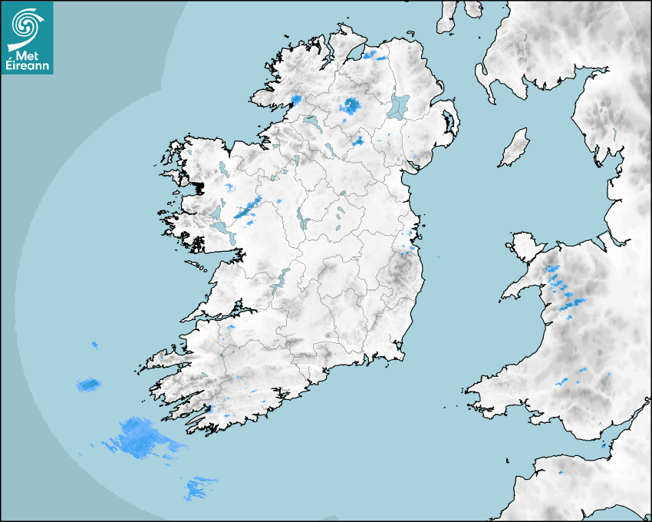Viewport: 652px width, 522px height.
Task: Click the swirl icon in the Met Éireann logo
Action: pos(27,25)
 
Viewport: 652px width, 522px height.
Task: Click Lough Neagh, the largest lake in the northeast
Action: pos(400,105)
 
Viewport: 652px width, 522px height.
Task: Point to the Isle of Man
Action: pos(515,147)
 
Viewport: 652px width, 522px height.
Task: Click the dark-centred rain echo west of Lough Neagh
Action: pos(351,105)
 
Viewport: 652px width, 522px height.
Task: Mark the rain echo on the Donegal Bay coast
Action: pos(296,100)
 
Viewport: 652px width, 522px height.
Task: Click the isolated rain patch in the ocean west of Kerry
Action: pos(89,384)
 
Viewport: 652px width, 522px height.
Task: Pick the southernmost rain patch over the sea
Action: pos(199,487)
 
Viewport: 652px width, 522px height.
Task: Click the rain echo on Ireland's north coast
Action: pos(375,55)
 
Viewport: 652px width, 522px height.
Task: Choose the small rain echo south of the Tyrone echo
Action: pos(358,140)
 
